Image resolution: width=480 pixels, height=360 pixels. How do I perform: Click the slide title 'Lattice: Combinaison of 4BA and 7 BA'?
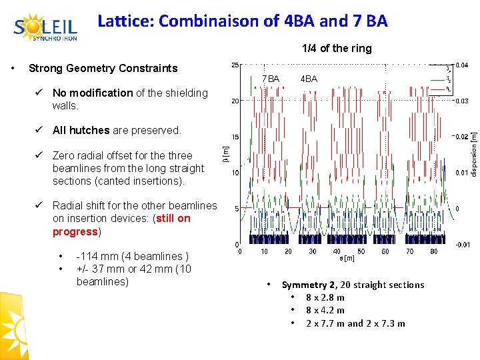click(242, 21)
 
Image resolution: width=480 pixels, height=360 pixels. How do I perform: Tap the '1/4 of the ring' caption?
click(337, 49)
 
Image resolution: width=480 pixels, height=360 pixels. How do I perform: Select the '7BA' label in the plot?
click(271, 79)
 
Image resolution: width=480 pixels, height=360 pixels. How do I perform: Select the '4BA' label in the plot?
click(309, 79)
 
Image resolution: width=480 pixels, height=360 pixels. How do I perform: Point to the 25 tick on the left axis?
click(235, 65)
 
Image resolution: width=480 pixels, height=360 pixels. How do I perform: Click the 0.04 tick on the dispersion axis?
click(461, 65)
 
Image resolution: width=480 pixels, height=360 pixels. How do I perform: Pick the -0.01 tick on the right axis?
click(462, 245)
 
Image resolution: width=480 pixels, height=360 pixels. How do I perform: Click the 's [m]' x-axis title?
click(347, 258)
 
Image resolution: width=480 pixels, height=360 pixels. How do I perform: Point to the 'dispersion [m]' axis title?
click(473, 154)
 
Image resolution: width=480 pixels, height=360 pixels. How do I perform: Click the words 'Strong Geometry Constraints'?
click(103, 68)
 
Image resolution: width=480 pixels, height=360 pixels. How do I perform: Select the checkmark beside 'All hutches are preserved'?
click(41, 130)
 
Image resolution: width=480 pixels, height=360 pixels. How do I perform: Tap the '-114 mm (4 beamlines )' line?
click(133, 257)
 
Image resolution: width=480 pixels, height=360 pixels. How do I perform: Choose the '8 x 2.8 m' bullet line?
click(325, 297)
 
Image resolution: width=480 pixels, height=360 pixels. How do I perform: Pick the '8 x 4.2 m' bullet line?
click(325, 310)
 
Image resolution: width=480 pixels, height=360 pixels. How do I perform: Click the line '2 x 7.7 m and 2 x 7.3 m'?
click(355, 323)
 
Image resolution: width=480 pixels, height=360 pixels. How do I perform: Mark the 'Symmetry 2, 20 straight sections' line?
click(353, 285)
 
